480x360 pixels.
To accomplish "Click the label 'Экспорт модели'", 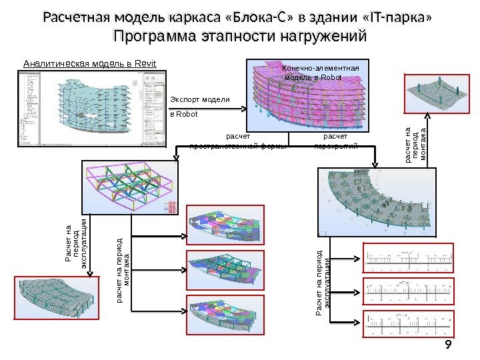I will click(x=200, y=99).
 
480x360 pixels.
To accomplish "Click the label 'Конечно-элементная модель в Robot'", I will click(x=321, y=73).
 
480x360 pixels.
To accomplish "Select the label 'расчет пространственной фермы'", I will click(x=239, y=141).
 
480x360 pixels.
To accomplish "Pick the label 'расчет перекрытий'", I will click(x=335, y=141).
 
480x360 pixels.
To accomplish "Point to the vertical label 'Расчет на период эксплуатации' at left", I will click(x=75, y=244).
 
